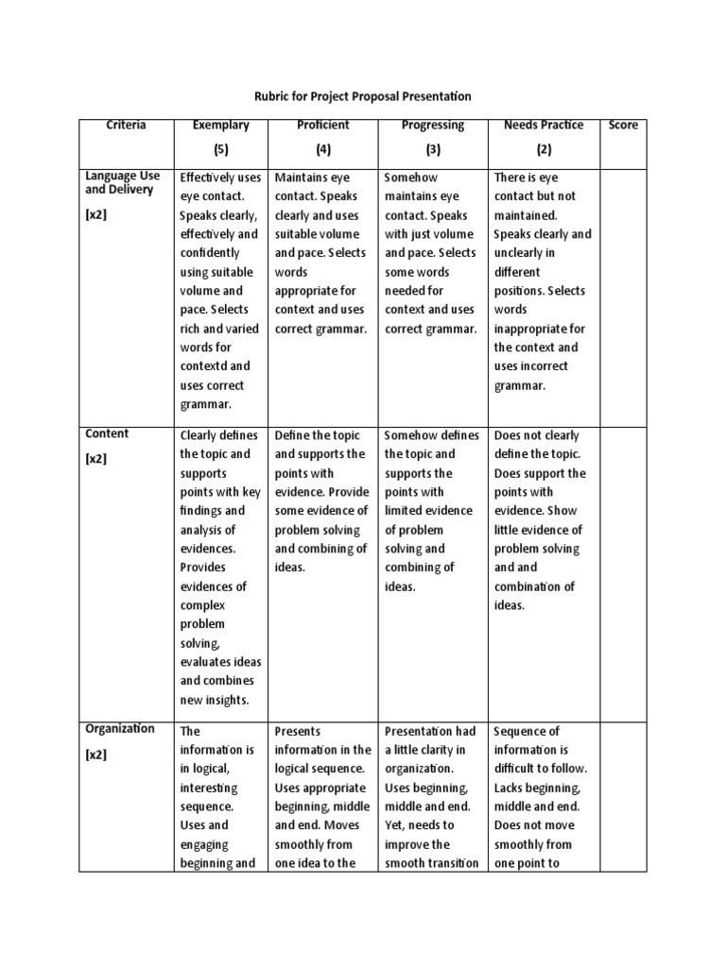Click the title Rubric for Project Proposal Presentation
(364, 96)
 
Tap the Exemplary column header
(220, 125)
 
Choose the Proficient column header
(322, 125)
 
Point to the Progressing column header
(433, 125)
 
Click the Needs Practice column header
(544, 125)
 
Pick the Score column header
(623, 125)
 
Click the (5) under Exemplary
(220, 149)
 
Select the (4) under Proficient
(322, 149)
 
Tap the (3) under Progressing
(433, 149)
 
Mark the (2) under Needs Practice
(544, 149)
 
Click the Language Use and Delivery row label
(123, 183)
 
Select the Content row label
(107, 434)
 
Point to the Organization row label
(120, 729)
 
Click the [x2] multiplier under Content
(97, 459)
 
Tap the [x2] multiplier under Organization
(97, 755)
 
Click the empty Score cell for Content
(623, 567)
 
